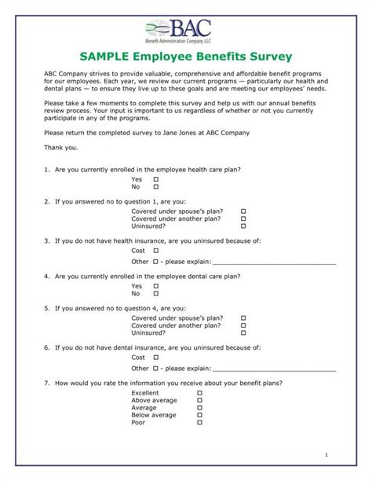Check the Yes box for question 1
155,179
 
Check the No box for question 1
155,187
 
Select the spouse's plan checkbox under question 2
243,211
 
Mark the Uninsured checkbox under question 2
243,228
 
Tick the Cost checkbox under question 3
155,250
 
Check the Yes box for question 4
155,286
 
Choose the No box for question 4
155,294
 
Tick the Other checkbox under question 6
155,367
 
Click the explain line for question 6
274,368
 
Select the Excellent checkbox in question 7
199,391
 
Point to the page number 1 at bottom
326,455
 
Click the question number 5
47,308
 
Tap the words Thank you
61,147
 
